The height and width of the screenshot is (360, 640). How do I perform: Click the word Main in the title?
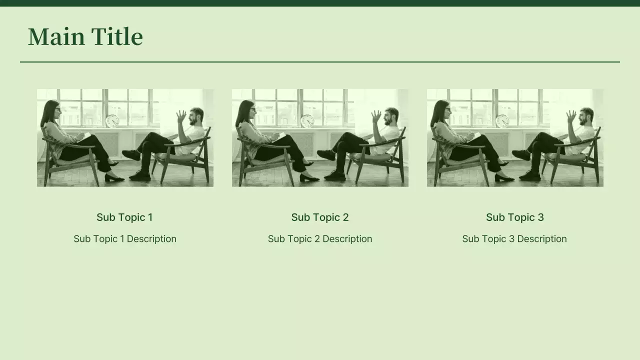point(56,36)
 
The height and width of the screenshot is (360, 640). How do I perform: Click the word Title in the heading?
point(117,36)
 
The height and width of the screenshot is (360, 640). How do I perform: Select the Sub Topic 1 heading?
point(124,217)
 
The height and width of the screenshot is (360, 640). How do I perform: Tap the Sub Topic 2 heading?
point(320,217)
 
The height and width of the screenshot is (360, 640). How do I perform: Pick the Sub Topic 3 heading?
point(515,217)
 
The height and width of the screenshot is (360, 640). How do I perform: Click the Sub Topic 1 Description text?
point(125,239)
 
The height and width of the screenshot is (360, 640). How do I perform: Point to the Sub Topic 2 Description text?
point(320,239)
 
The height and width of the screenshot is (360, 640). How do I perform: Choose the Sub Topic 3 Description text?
point(514,239)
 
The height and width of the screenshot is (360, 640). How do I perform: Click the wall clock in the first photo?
point(112,121)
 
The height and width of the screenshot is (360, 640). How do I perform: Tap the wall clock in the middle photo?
point(307,121)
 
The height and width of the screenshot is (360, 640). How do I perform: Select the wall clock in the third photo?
point(502,121)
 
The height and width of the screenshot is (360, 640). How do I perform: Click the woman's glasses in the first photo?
point(58,109)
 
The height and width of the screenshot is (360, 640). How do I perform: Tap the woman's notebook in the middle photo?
point(278,136)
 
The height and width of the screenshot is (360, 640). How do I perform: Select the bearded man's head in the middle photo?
point(391,116)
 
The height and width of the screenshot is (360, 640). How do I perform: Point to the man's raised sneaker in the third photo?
point(521,155)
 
